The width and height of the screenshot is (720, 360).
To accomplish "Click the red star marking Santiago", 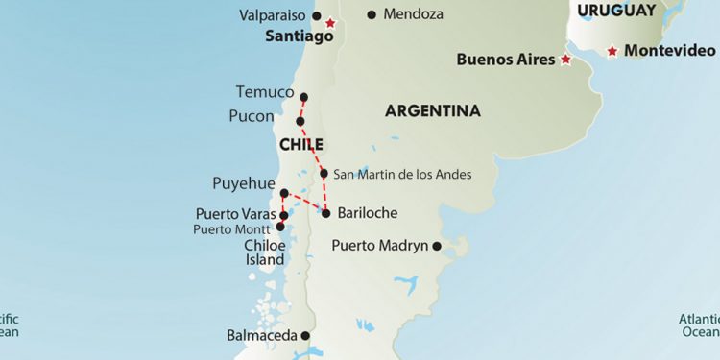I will click(x=331, y=23).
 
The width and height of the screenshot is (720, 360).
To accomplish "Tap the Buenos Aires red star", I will click(x=565, y=60).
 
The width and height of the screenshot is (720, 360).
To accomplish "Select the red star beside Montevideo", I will click(x=612, y=51).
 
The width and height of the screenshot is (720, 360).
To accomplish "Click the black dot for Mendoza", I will click(x=372, y=14).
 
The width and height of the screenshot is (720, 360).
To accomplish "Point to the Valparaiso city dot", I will click(x=317, y=15).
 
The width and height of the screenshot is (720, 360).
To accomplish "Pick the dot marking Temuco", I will click(x=304, y=97).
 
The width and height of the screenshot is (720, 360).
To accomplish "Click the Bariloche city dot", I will click(x=326, y=213).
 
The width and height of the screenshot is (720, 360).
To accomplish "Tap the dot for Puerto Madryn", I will click(x=437, y=246).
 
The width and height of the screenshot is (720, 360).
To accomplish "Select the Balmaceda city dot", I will click(x=305, y=336).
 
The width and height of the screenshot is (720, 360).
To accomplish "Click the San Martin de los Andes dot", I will click(x=324, y=174).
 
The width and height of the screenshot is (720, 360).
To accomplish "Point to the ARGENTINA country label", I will click(x=432, y=111).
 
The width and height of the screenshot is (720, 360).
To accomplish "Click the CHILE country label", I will click(x=301, y=144).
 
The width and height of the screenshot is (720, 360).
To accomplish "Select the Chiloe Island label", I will click(x=264, y=252).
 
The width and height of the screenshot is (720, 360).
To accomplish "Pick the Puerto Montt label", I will click(x=231, y=229).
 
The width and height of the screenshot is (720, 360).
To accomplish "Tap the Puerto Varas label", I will click(x=235, y=213).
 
